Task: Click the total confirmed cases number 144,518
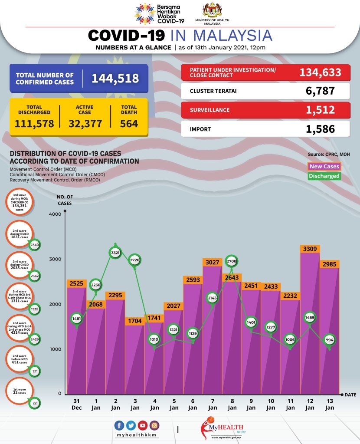pos(115,78)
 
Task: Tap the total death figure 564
pos(129,124)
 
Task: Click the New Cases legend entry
pos(324,167)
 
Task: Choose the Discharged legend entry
pos(324,176)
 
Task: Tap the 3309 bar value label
pos(310,249)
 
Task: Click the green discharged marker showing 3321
pos(115,252)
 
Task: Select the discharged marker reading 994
pos(330,341)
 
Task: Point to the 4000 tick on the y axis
pos(55,214)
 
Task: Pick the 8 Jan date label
pos(232,404)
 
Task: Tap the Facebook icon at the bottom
pos(119,426)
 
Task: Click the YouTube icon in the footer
pos(142,426)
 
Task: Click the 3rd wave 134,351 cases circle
pos(20,203)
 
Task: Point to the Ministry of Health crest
pos(212,10)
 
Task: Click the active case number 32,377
pos(85,124)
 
